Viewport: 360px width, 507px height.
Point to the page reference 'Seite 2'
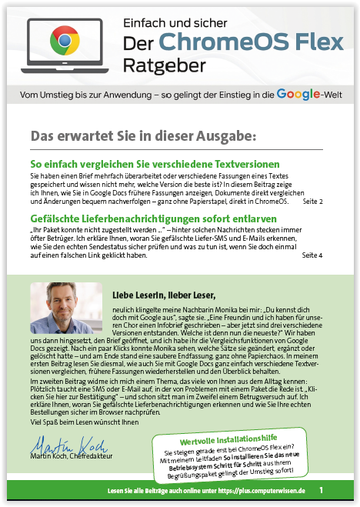(x=312, y=202)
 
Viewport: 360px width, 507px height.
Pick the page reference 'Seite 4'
(x=312, y=255)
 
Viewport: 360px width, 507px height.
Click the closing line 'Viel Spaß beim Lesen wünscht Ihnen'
(x=77, y=422)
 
